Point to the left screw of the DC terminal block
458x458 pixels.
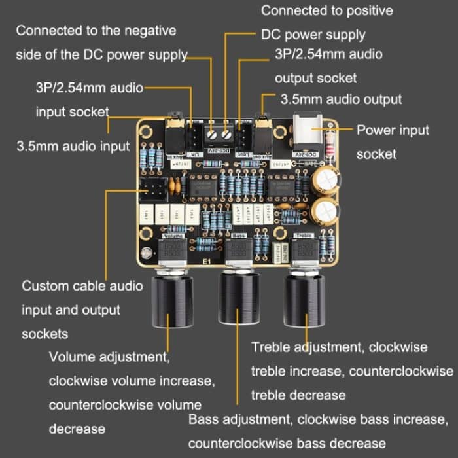pos(212,133)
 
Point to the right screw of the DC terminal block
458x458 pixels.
pos(226,133)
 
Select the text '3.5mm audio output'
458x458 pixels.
pos(341,99)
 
